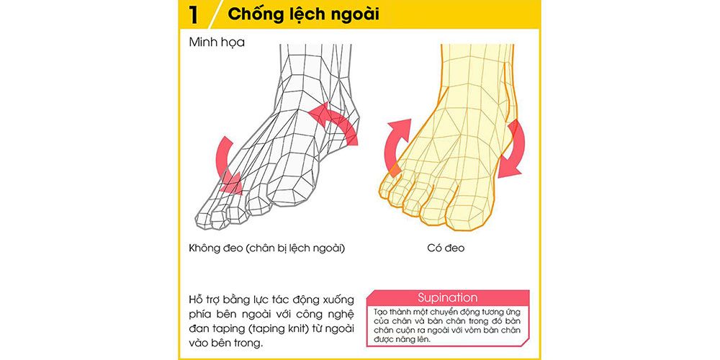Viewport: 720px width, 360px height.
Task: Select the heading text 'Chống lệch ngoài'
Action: coord(303,14)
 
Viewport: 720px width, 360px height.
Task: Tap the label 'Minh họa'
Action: coord(217,42)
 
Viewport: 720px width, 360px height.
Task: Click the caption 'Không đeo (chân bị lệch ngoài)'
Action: coord(264,248)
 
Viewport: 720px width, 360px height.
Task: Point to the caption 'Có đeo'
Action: coord(446,248)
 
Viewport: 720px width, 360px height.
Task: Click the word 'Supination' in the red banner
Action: coord(447,297)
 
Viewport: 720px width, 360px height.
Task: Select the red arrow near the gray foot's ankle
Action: coord(335,121)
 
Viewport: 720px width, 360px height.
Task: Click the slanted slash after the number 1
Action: coord(215,14)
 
